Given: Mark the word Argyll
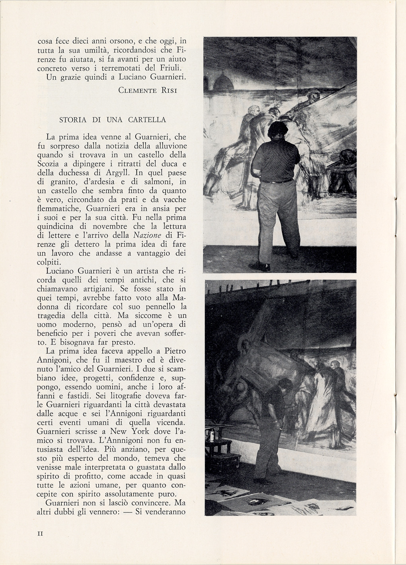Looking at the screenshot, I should point(117,173).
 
